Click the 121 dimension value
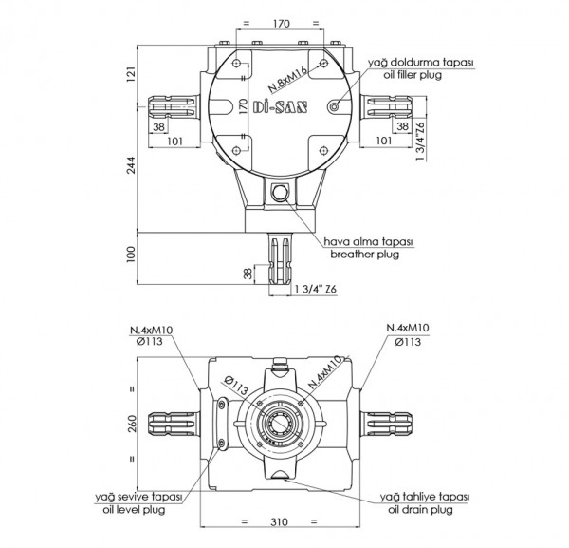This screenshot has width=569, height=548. [x=133, y=74]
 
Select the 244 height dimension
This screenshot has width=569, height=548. [x=133, y=169]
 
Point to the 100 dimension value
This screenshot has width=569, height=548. [x=133, y=255]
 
